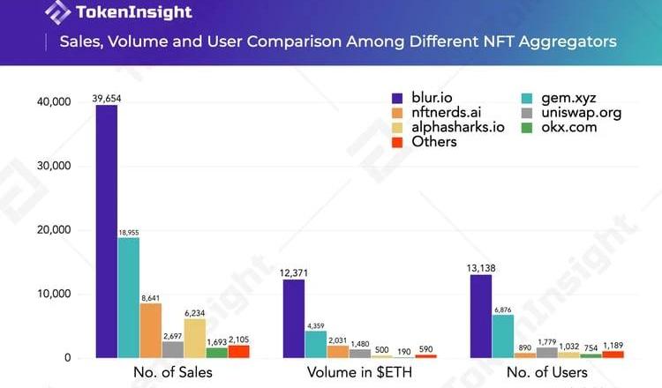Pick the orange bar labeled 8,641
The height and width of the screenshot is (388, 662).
point(151,331)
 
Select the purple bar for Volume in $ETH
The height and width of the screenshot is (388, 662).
point(294,318)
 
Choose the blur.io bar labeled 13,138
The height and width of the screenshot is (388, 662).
point(481,316)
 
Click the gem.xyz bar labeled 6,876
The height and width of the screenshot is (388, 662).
point(503,336)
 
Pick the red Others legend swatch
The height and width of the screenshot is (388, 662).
point(397,141)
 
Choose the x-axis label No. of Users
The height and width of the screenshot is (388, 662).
point(547,372)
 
